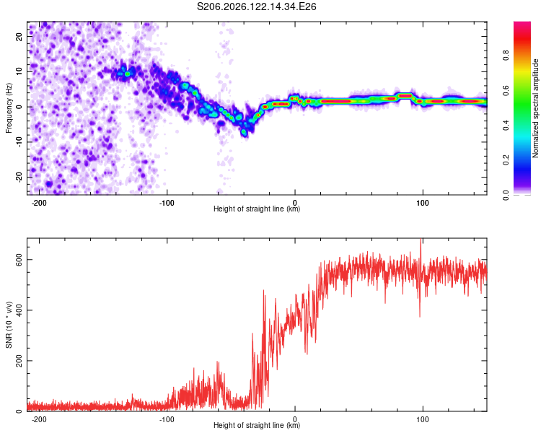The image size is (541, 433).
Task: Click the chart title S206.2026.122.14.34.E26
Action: tap(256, 6)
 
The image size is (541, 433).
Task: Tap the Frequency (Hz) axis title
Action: tap(9, 108)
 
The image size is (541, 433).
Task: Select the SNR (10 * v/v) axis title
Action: tap(9, 325)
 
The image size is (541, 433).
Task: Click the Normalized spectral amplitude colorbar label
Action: tap(535, 108)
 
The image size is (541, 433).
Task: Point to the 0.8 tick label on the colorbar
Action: tap(506, 56)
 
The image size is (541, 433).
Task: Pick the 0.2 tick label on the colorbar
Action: tap(506, 160)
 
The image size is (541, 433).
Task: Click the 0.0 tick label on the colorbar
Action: tap(506, 195)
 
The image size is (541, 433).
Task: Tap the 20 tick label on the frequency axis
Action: tap(19, 36)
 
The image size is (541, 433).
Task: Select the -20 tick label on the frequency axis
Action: tap(19, 177)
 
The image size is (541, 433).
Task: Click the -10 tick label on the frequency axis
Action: tap(19, 142)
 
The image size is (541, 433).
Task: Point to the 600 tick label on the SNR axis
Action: tap(19, 260)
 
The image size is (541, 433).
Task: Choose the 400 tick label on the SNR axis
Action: tap(19, 310)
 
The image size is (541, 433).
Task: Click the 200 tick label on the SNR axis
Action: tap(19, 361)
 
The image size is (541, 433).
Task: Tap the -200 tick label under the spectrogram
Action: tap(39, 203)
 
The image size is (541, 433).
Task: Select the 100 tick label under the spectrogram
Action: tap(422, 203)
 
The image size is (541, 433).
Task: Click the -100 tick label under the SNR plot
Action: tap(167, 419)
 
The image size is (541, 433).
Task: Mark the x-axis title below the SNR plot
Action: tap(257, 425)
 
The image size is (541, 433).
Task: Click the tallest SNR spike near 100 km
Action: tap(421, 239)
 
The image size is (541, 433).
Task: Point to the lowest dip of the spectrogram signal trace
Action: tap(244, 132)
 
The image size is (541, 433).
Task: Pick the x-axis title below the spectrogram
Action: tap(257, 209)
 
